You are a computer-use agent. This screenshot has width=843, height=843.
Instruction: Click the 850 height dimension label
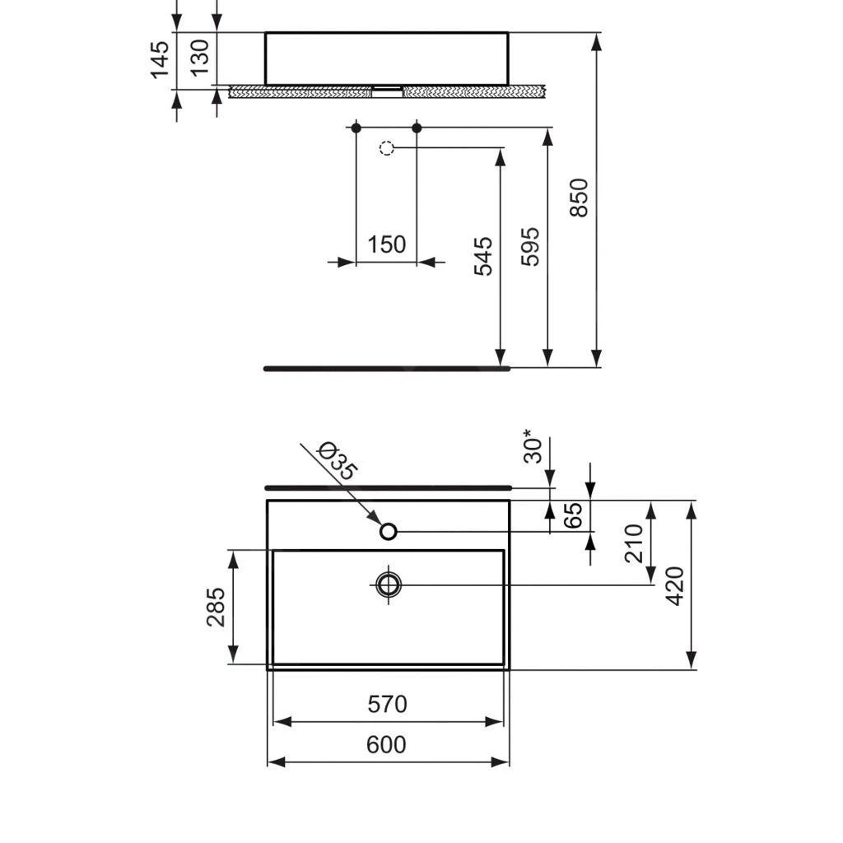pyautogui.click(x=580, y=197)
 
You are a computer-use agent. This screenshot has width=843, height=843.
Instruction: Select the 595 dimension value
pyautogui.click(x=531, y=246)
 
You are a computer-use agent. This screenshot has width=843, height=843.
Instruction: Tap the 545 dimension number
pyautogui.click(x=484, y=255)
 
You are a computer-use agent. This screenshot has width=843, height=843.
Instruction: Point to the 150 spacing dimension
pyautogui.click(x=386, y=245)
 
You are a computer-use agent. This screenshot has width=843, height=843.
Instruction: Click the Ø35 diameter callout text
pyautogui.click(x=337, y=461)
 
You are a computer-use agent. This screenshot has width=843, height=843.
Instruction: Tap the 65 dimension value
pyautogui.click(x=574, y=515)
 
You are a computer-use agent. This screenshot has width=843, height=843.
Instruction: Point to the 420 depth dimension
pyautogui.click(x=675, y=585)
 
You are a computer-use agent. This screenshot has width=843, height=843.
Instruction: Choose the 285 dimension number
pyautogui.click(x=217, y=607)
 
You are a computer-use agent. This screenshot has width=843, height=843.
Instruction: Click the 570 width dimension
pyautogui.click(x=387, y=705)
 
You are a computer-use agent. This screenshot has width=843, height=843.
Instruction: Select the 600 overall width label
pyautogui.click(x=386, y=745)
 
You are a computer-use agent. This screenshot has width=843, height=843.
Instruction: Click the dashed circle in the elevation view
pyautogui.click(x=387, y=148)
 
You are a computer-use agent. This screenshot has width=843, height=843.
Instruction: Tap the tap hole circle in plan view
pyautogui.click(x=389, y=531)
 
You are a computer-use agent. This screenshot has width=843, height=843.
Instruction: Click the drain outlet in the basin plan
pyautogui.click(x=389, y=585)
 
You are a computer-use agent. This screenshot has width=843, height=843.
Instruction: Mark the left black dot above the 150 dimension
pyautogui.click(x=356, y=128)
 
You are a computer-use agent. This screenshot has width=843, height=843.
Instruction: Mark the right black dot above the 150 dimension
pyautogui.click(x=417, y=128)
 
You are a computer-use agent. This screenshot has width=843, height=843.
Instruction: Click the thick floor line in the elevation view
pyautogui.click(x=387, y=368)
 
